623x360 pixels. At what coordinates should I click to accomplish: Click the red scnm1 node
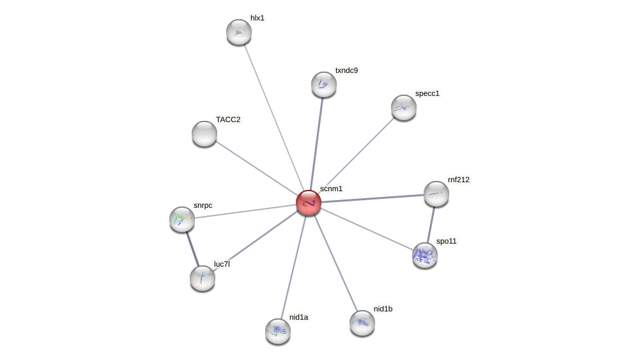click(x=309, y=203)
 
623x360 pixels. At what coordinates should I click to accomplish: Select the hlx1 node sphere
click(x=239, y=32)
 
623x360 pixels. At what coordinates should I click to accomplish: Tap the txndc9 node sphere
click(x=324, y=84)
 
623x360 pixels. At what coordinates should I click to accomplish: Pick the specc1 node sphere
click(x=404, y=107)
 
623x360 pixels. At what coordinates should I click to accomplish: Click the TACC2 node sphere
click(x=204, y=134)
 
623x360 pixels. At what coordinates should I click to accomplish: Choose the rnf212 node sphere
click(x=436, y=194)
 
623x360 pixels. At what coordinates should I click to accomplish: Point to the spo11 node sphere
click(x=425, y=255)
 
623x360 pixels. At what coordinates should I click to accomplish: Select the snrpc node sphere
click(x=182, y=219)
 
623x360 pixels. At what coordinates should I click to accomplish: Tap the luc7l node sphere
click(x=203, y=278)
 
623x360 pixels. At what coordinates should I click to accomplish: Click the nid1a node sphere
click(x=278, y=331)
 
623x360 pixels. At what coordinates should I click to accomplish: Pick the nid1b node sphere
click(x=362, y=323)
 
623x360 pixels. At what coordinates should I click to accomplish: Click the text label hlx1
click(x=258, y=18)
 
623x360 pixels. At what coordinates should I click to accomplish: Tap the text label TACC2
click(x=228, y=120)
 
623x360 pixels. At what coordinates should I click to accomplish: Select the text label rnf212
click(x=459, y=180)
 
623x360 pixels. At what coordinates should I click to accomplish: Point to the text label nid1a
click(x=298, y=317)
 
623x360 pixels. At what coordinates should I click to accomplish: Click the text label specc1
click(x=427, y=93)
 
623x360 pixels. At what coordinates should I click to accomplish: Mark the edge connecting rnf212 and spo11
click(x=431, y=224)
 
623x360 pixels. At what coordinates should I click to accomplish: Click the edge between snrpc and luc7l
click(x=192, y=249)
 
